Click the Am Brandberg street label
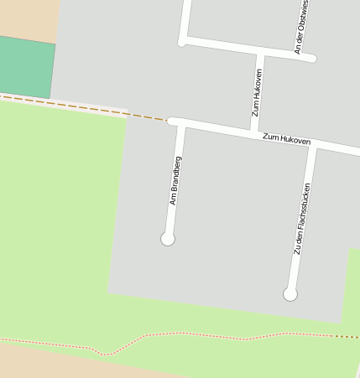[175, 180]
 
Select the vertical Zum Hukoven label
[258, 92]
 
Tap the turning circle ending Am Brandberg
[168, 239]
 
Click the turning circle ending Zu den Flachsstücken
[290, 294]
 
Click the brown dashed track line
[84, 106]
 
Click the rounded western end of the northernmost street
[182, 41]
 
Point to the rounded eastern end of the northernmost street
[312, 58]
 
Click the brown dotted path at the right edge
[347, 336]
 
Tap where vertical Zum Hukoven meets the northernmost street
[260, 52]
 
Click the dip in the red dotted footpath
[105, 353]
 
